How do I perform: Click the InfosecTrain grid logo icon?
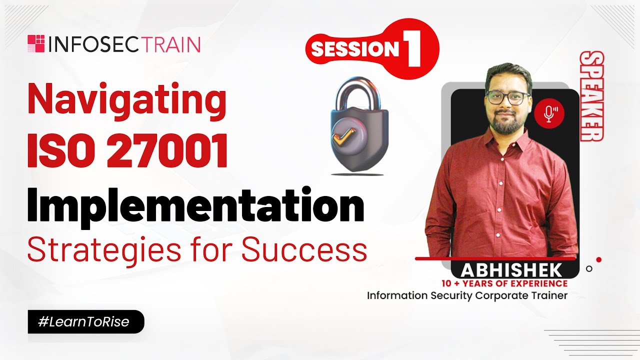[36, 44]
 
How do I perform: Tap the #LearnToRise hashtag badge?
[85, 322]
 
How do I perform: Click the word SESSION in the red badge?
[354, 48]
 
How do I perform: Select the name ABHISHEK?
[511, 270]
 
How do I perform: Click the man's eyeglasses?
[506, 98]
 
